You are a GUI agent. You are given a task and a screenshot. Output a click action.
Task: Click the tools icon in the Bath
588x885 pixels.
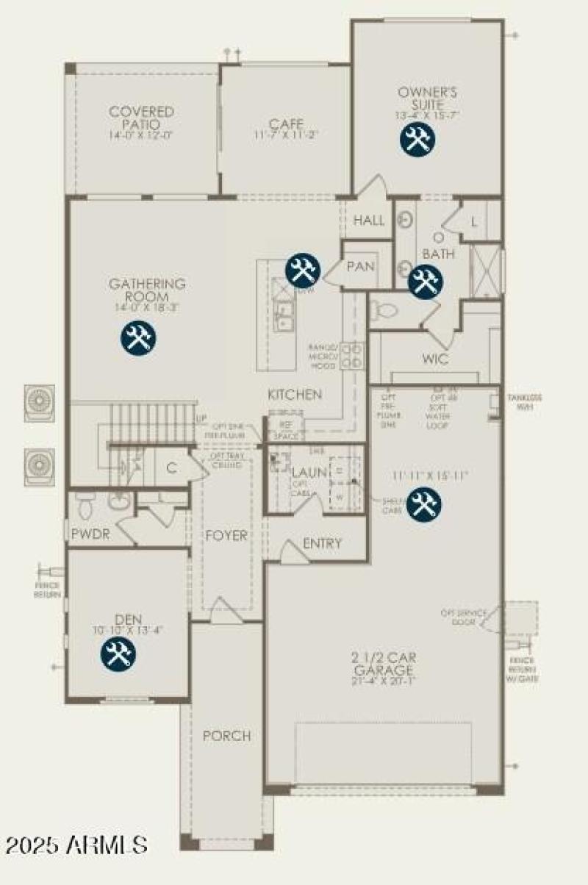click(424, 282)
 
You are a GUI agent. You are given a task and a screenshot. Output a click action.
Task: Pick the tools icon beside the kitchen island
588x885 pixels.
click(301, 270)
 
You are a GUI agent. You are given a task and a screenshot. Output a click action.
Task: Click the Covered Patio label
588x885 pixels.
click(142, 118)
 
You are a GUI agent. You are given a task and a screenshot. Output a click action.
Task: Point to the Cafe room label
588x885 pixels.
click(286, 124)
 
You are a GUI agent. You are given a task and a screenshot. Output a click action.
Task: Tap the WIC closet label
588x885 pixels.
click(435, 360)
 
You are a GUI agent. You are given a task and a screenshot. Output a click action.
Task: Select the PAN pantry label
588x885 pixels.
click(360, 266)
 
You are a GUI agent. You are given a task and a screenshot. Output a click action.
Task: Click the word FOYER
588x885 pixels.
click(226, 535)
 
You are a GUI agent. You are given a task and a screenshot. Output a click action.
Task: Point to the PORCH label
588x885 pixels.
click(227, 736)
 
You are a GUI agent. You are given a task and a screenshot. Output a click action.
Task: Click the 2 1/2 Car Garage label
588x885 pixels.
click(383, 665)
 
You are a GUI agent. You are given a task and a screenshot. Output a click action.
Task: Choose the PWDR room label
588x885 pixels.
click(90, 534)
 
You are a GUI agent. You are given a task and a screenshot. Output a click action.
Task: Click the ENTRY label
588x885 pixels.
click(322, 544)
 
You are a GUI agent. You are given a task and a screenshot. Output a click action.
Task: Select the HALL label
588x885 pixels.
click(369, 221)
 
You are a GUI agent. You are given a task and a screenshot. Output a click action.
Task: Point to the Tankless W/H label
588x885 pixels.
click(524, 401)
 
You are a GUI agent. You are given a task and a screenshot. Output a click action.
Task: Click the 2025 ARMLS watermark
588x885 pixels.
click(76, 844)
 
